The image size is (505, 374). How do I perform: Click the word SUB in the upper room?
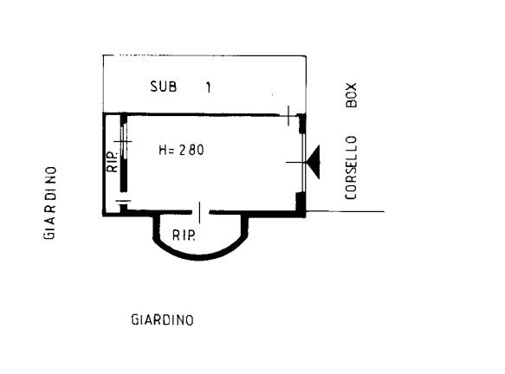pyautogui.click(x=164, y=87)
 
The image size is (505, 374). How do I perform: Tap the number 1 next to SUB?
pyautogui.click(x=209, y=87)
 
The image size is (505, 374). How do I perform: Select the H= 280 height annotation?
pyautogui.click(x=181, y=150)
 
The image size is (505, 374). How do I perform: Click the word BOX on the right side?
pyautogui.click(x=351, y=95)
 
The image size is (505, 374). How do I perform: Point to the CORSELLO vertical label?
pyautogui.click(x=351, y=168)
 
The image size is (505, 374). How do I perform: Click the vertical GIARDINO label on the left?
pyautogui.click(x=49, y=203)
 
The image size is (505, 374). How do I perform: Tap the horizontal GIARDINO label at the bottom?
pyautogui.click(x=163, y=320)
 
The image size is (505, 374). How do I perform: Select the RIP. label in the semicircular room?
pyautogui.click(x=184, y=235)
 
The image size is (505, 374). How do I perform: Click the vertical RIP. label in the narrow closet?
pyautogui.click(x=113, y=161)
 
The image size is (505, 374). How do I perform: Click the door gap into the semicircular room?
pyautogui.click(x=200, y=212)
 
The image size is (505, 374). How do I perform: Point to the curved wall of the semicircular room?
pyautogui.click(x=200, y=257)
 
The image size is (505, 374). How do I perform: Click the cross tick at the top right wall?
pyautogui.click(x=288, y=115)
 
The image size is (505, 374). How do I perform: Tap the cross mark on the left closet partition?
pyautogui.click(x=123, y=141)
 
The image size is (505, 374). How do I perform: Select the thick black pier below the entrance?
pyautogui.click(x=301, y=203)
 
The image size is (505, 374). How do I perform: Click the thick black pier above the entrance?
pyautogui.click(x=301, y=123)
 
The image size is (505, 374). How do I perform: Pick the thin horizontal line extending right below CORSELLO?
pyautogui.click(x=345, y=211)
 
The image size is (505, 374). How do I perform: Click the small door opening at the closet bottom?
pyautogui.click(x=123, y=201)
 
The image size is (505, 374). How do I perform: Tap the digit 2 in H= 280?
pyautogui.click(x=183, y=150)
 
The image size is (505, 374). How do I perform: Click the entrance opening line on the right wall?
pyautogui.click(x=303, y=163)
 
